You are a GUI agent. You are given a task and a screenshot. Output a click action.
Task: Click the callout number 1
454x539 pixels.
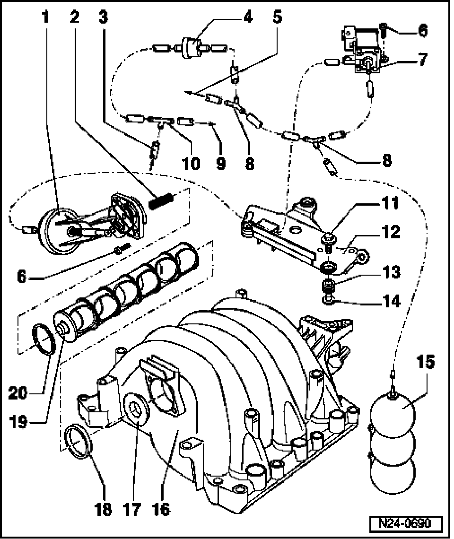(x=45, y=17)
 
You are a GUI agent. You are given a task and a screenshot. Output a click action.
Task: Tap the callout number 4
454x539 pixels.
(x=246, y=17)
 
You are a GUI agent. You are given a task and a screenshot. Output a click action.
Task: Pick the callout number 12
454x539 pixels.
(x=392, y=232)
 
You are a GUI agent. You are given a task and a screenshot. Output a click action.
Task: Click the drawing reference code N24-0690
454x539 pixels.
(x=406, y=524)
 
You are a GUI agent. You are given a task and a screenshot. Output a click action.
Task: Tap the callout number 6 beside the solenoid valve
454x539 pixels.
(x=422, y=31)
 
